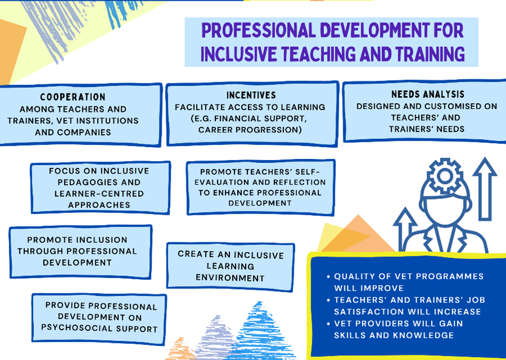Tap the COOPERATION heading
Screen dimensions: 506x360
pos(73,97)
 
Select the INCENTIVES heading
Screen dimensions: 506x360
pos(251,95)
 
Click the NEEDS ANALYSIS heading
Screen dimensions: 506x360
pos(428,94)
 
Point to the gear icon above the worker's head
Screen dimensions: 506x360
pos(445,176)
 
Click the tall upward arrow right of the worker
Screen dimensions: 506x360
pos(485,189)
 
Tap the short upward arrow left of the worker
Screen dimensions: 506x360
pos(405,229)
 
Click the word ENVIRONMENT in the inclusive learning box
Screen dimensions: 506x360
pos(230,278)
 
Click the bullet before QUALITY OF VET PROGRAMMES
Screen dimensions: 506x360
pos(329,277)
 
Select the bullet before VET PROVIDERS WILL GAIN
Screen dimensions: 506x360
pos(329,324)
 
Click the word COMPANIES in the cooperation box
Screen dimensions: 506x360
pos(88,132)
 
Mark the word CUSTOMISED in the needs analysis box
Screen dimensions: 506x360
pos(454,106)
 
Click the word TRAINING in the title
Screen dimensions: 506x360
pos(430,54)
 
